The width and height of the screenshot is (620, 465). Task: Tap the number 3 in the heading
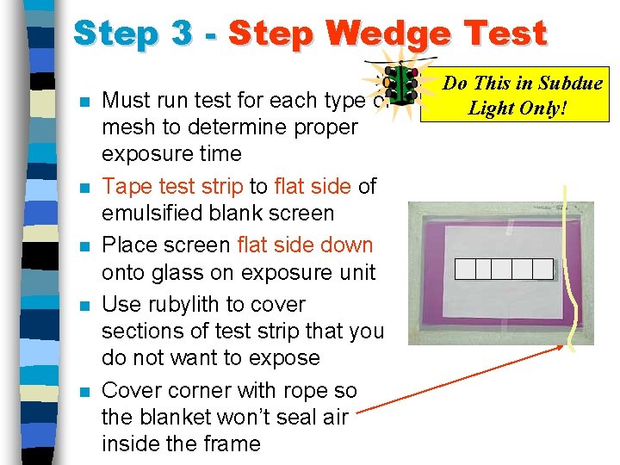[182, 32]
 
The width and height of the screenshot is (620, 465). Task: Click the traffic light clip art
[401, 84]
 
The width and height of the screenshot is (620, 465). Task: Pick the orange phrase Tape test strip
[172, 187]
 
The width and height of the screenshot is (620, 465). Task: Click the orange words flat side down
[305, 245]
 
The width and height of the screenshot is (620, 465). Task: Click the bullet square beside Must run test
[85, 102]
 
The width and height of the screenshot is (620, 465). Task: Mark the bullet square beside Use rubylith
[85, 306]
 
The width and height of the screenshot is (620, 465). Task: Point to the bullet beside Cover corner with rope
[85, 392]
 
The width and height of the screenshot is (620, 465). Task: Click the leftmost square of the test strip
[465, 270]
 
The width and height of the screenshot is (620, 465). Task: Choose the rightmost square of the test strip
[542, 270]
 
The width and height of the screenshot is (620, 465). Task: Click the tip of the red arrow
[563, 345]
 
